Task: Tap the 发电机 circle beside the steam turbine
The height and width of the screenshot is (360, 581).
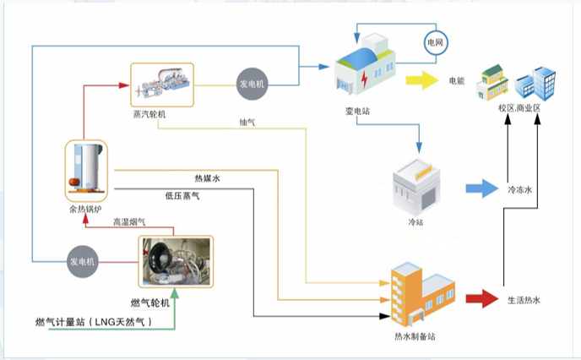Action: [251, 84]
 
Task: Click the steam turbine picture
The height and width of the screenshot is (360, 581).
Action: [162, 84]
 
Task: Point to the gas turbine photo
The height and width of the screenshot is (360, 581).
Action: [176, 263]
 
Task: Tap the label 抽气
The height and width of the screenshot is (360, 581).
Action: [247, 123]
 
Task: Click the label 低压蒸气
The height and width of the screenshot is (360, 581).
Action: [182, 196]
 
